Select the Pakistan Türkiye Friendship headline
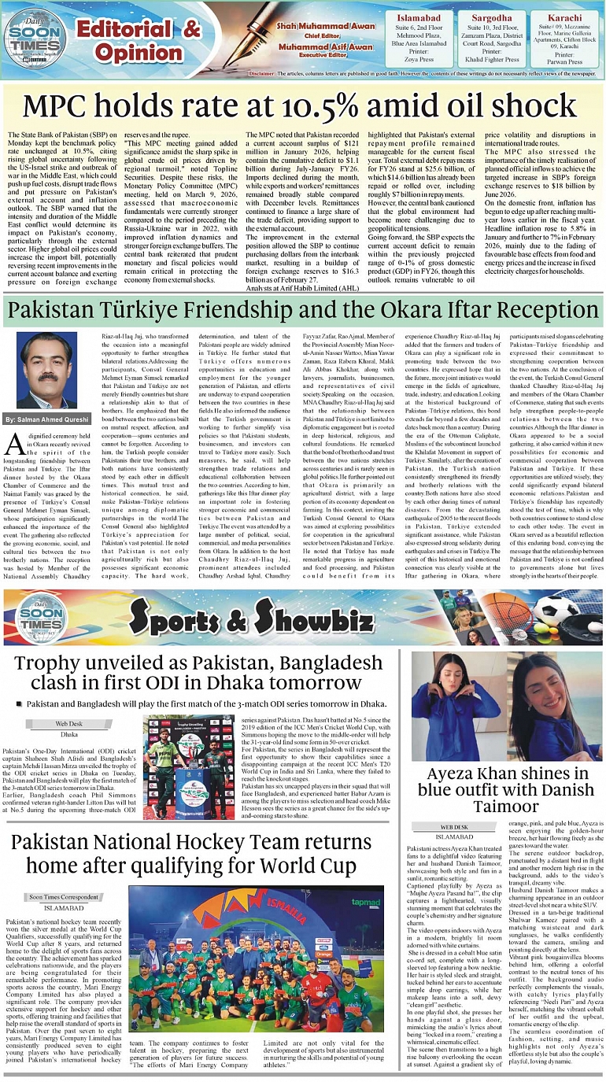click(302, 308)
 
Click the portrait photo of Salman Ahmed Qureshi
click(46, 370)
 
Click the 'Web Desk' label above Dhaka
click(68, 722)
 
